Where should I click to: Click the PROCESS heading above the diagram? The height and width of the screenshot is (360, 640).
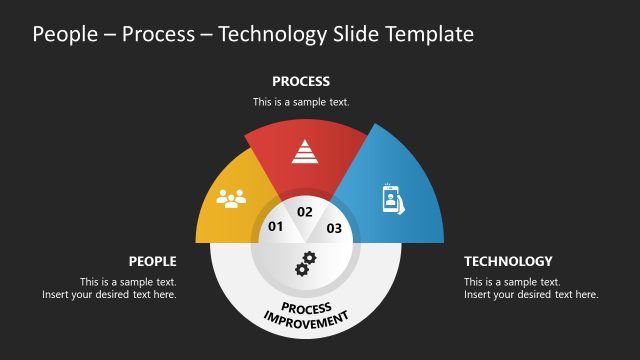(301, 81)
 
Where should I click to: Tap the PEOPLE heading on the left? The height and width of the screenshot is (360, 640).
(152, 261)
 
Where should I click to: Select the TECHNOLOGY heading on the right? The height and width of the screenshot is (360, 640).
(508, 261)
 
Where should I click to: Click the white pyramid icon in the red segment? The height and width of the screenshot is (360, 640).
(304, 151)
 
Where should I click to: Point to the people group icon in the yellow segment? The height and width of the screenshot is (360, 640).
(231, 198)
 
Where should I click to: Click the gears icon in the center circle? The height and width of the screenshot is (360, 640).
(305, 264)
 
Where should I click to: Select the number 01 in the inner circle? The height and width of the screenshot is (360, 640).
(276, 227)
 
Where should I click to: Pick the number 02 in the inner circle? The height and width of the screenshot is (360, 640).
(305, 212)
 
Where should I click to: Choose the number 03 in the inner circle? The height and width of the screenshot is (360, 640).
(334, 228)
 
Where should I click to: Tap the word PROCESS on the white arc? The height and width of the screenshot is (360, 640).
(305, 307)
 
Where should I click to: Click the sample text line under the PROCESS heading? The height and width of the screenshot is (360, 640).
(301, 102)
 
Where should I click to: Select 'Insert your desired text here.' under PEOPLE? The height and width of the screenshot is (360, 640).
(109, 295)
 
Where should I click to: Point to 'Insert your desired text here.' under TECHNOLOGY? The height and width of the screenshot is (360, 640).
(531, 295)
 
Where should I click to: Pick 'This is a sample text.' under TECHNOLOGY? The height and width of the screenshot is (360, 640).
(512, 282)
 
